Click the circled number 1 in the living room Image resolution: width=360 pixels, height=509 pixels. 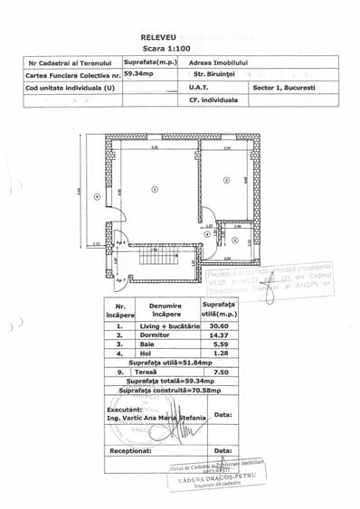[x=155, y=188]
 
